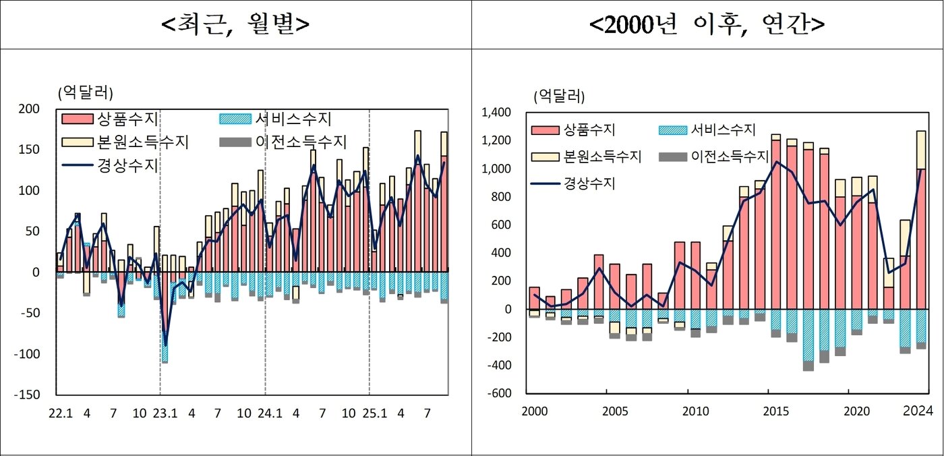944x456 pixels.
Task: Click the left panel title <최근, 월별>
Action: point(235,24)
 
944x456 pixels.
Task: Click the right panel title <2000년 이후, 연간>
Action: point(707,24)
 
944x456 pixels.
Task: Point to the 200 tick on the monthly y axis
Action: point(30,109)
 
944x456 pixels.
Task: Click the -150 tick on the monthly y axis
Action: point(28,395)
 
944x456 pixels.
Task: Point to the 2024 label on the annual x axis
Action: point(918,411)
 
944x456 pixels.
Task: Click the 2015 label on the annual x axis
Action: point(775,411)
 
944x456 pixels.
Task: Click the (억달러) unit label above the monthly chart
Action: point(86,91)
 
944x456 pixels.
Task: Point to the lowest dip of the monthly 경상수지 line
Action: point(165,345)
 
